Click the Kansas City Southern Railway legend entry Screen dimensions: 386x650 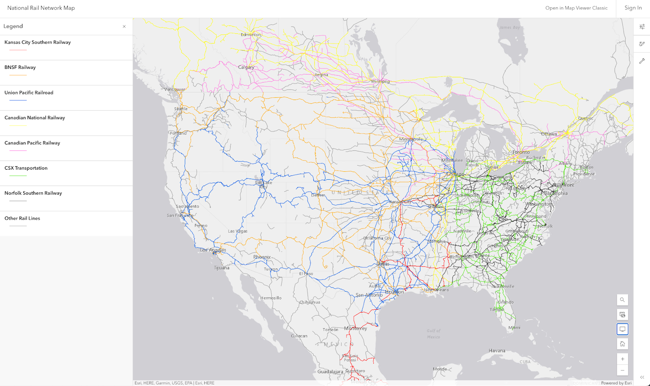tap(37, 42)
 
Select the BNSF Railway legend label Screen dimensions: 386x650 tap(20, 68)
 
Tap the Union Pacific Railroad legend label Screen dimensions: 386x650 tap(29, 93)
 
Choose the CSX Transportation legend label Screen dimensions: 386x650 tap(26, 168)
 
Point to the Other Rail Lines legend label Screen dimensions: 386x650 tap(22, 218)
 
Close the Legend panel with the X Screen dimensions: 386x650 tap(124, 26)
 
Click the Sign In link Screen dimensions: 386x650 tap(633, 8)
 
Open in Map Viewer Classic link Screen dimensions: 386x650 tap(576, 8)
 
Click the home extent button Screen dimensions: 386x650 tap(622, 344)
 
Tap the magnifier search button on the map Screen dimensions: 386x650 tap(622, 300)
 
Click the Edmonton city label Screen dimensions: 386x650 tap(251, 35)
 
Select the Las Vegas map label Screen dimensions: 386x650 tap(238, 231)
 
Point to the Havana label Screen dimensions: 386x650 tap(497, 351)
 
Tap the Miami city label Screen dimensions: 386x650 tap(514, 328)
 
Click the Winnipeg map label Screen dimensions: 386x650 tap(380, 81)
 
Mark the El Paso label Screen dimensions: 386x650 tap(306, 274)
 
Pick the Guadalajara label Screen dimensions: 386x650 tap(330, 372)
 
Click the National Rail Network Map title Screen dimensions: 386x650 tap(41, 8)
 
